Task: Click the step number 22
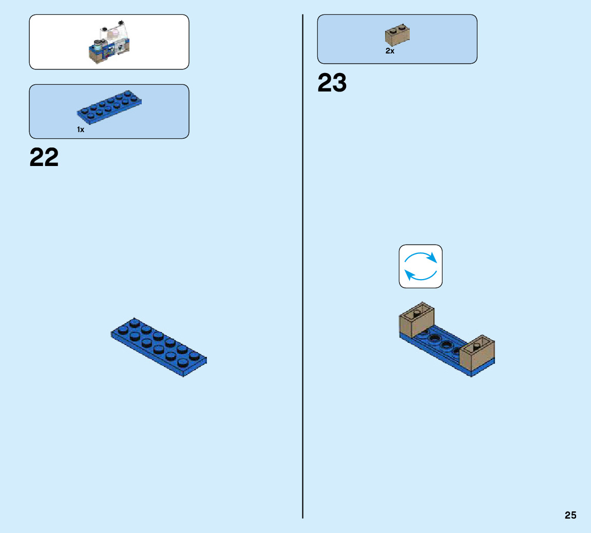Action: (44, 157)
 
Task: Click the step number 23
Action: (332, 83)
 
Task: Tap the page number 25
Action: (570, 515)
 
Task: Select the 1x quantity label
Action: (81, 130)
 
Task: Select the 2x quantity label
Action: (390, 51)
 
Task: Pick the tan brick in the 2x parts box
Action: (397, 35)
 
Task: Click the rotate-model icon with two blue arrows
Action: (421, 266)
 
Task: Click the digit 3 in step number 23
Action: (339, 83)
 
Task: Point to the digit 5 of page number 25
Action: (574, 515)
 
